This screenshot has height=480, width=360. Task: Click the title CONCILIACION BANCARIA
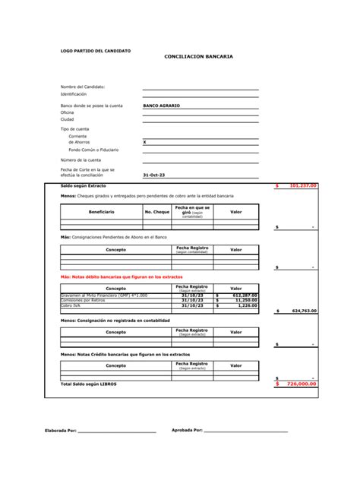click(x=198, y=57)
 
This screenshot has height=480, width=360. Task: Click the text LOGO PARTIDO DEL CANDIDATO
click(x=95, y=51)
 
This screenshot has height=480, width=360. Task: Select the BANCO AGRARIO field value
click(x=162, y=106)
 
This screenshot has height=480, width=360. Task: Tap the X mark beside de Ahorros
click(x=145, y=142)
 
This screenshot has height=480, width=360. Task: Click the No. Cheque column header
click(x=156, y=211)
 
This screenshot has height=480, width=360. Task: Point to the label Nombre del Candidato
click(x=83, y=87)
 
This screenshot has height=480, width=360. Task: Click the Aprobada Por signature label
click(x=186, y=431)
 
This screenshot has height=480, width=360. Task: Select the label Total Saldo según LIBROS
click(x=89, y=384)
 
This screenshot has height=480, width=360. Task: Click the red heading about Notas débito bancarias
click(x=122, y=277)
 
